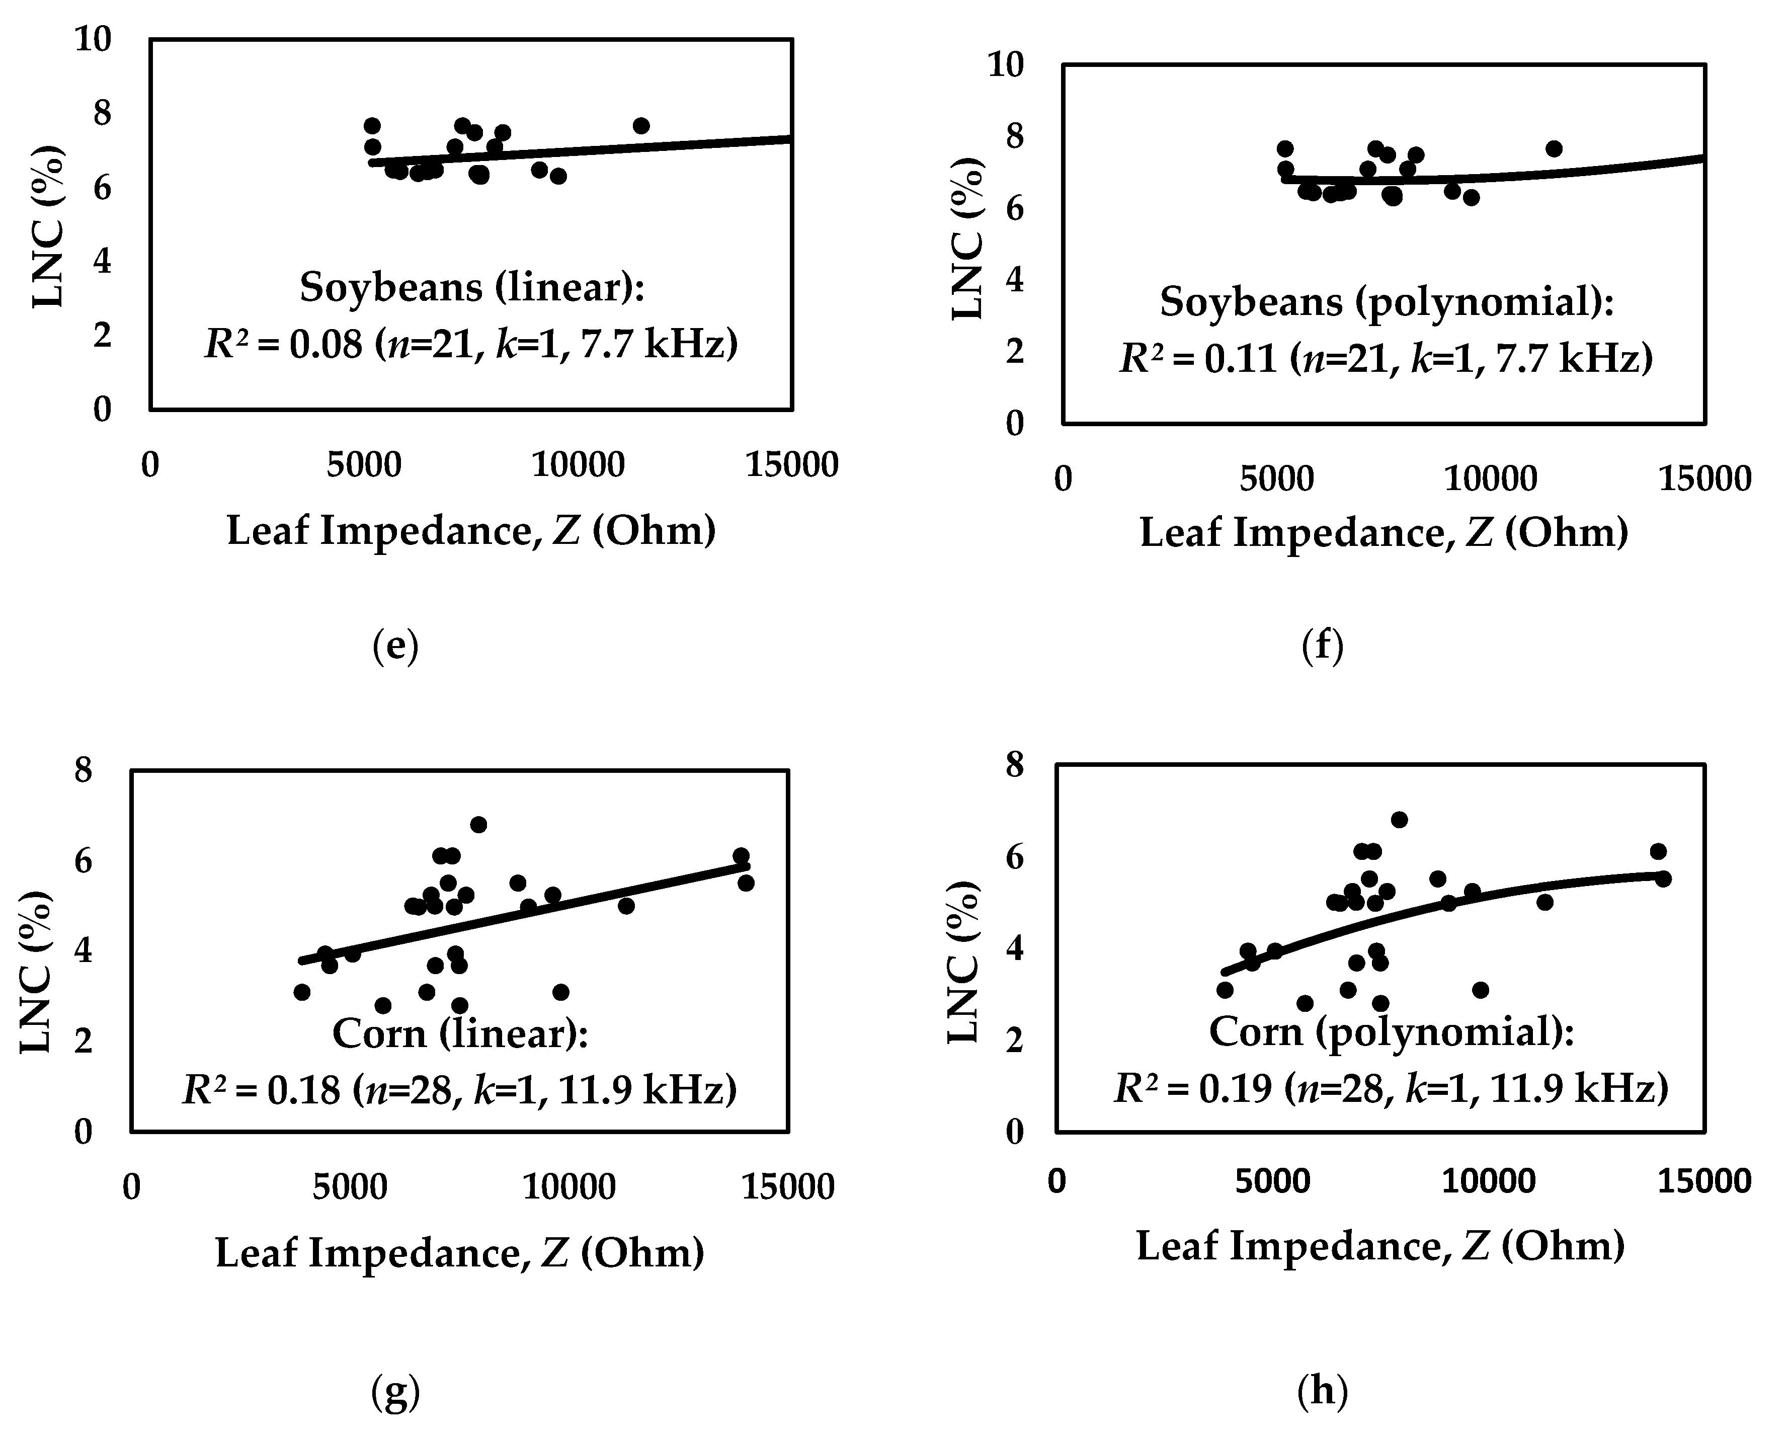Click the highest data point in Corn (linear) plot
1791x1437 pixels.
point(478,824)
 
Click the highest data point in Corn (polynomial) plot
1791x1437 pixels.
point(1399,820)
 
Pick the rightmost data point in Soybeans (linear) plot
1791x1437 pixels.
point(640,125)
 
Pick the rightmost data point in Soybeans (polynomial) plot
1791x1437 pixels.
point(1554,149)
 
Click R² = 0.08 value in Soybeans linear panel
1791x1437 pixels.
point(282,344)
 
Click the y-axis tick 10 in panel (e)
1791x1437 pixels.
point(93,39)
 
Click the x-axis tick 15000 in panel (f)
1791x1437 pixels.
point(1704,480)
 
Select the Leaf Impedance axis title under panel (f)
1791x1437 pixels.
point(1383,532)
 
